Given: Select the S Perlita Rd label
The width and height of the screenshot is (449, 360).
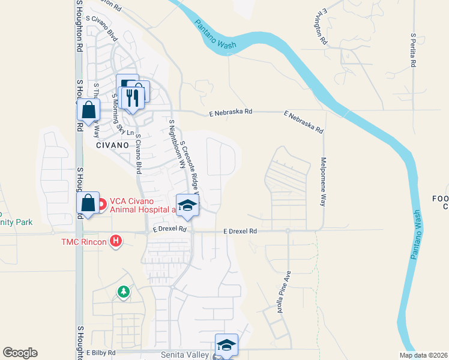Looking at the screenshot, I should click(413, 50).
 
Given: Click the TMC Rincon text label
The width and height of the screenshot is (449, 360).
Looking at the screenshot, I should click(83, 242).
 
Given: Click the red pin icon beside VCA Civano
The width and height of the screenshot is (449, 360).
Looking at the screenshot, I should click(101, 205).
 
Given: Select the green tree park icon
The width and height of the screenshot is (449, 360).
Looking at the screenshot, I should click(124, 292).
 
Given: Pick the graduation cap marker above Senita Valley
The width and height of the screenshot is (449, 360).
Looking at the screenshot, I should click(226, 344).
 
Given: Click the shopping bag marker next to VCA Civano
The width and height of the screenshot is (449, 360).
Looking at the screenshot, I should click(88, 203).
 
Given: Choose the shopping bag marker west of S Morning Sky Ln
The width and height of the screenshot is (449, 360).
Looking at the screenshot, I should click(88, 110).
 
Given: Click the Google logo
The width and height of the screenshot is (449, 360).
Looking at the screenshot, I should click(20, 353).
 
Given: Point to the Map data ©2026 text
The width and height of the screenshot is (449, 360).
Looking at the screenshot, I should click(423, 355).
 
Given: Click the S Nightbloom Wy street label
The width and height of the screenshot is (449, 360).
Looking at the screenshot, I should click(176, 143).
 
